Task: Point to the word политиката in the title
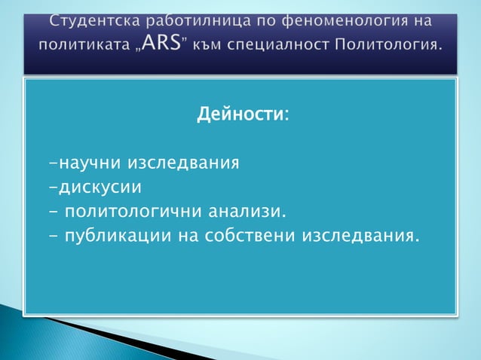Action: pos(81,47)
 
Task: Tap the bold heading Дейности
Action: pos(240,116)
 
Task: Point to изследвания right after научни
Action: pos(184,162)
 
